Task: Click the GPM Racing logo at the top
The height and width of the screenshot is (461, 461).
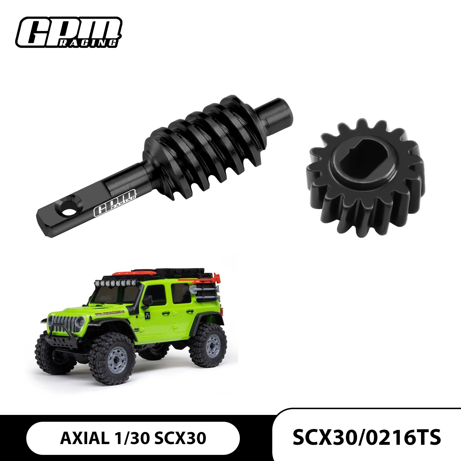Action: click(69, 32)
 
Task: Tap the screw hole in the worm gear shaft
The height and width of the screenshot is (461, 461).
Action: click(69, 211)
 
